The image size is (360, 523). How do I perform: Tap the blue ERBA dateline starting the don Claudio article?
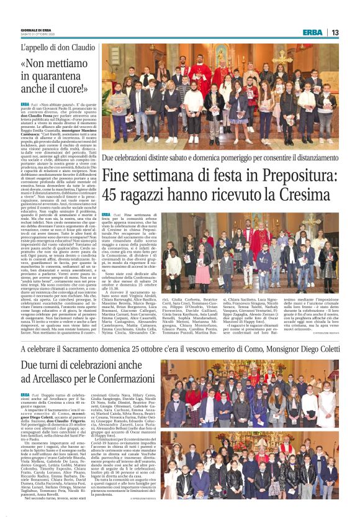tap(25, 104)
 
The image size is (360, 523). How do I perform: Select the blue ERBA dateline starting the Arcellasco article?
tap(25, 394)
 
